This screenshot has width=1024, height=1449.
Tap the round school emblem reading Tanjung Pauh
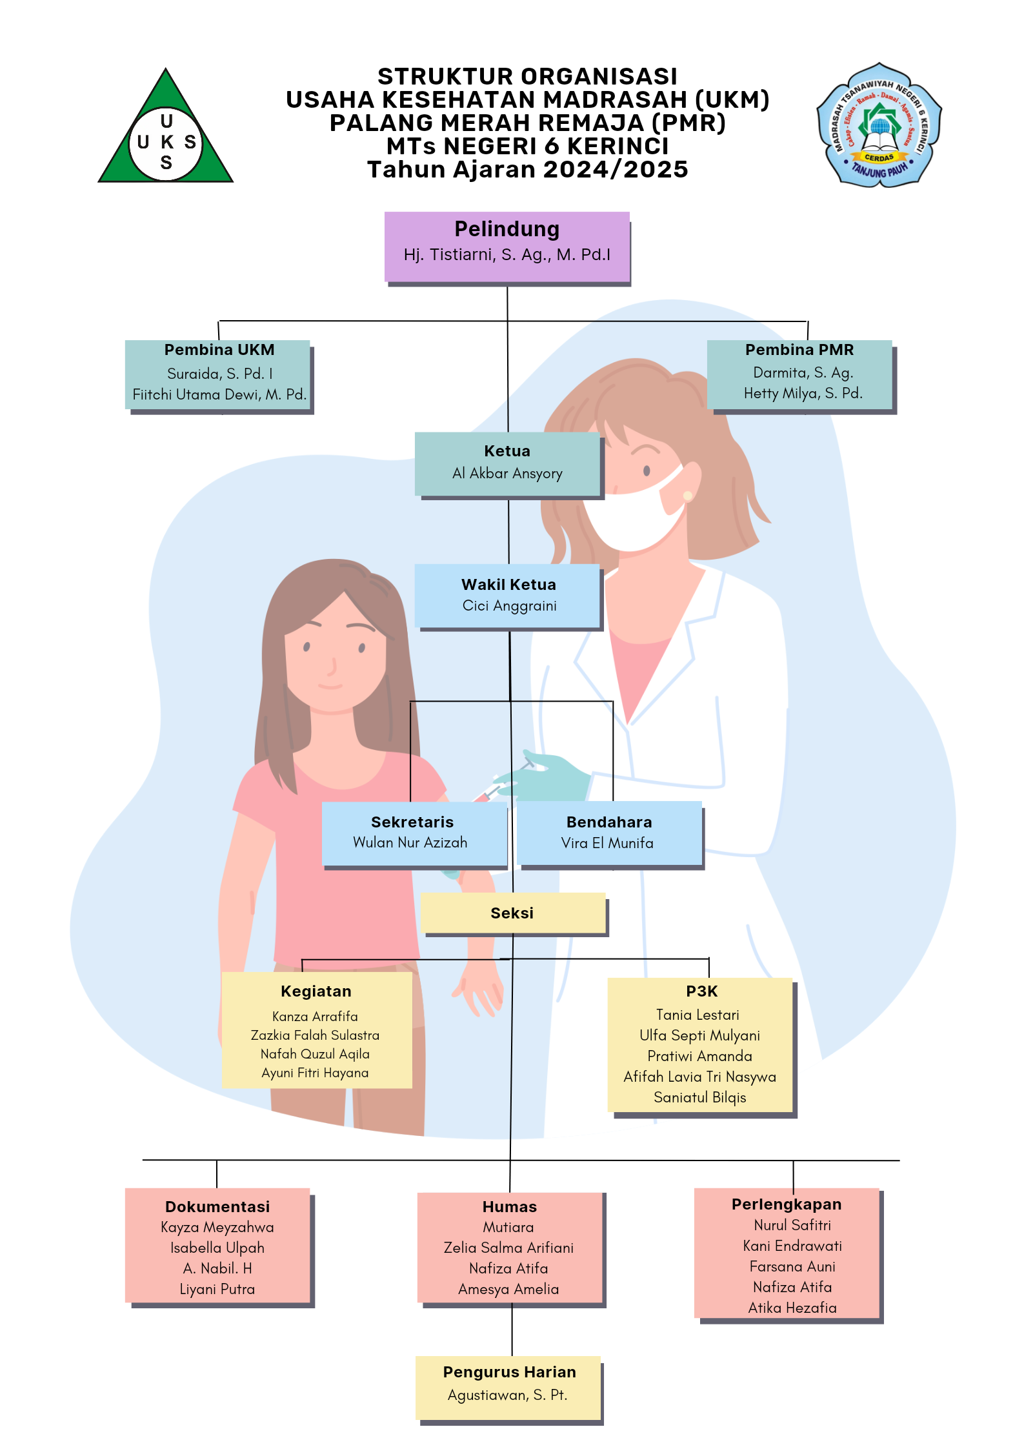[x=879, y=126]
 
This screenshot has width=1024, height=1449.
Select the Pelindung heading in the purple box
[x=507, y=229]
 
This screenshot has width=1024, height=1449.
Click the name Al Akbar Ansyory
[x=507, y=474]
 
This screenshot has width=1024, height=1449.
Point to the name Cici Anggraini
[x=509, y=606]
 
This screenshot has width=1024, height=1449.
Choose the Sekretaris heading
[x=412, y=822]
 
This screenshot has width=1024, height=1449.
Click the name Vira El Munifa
[x=607, y=843]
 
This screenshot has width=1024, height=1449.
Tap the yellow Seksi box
[x=512, y=913]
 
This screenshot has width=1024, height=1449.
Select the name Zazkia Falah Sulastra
[x=315, y=1035]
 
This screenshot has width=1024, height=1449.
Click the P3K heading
[x=701, y=991]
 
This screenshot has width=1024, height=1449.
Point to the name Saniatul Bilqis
[x=699, y=1098]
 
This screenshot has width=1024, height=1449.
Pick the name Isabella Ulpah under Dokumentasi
[x=217, y=1248]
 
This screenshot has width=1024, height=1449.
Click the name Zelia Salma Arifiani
[x=508, y=1248]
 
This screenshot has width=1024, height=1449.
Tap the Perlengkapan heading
[x=787, y=1204]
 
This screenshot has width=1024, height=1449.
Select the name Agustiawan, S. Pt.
[x=507, y=1395]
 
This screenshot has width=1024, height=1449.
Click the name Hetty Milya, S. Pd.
[x=803, y=394]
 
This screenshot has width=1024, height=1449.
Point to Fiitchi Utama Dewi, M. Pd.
[x=219, y=395]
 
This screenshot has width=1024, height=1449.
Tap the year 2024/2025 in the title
[x=616, y=170]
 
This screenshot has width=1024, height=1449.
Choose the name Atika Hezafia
[x=792, y=1308]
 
